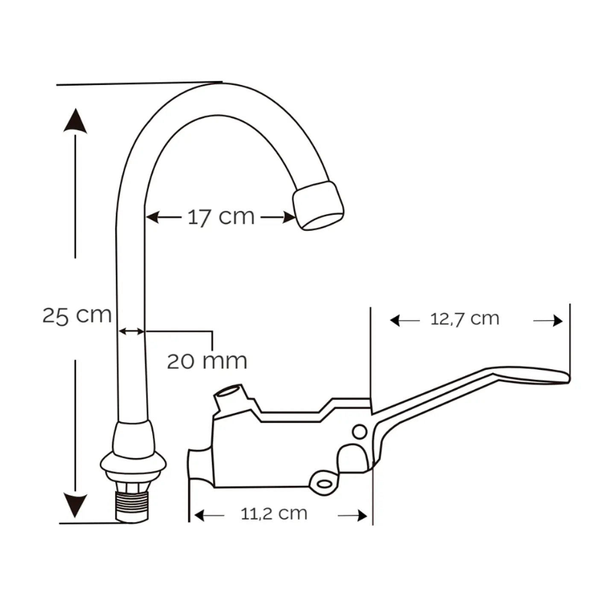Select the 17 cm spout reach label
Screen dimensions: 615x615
point(221,217)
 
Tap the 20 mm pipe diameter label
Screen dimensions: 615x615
point(207,361)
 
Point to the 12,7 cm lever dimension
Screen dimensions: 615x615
point(465,319)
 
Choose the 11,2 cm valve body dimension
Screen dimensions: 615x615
point(274,513)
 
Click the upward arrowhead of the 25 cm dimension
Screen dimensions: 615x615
point(75,120)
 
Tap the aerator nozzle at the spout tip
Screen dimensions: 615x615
point(318,205)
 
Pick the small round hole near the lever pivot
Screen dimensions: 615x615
point(360,432)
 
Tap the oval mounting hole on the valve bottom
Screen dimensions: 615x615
point(325,484)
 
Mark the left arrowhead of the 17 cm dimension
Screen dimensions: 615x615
point(152,217)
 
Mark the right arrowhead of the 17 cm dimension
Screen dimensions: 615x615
point(289,217)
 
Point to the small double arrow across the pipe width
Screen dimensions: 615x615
point(131,331)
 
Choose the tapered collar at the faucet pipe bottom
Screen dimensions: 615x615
point(134,436)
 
